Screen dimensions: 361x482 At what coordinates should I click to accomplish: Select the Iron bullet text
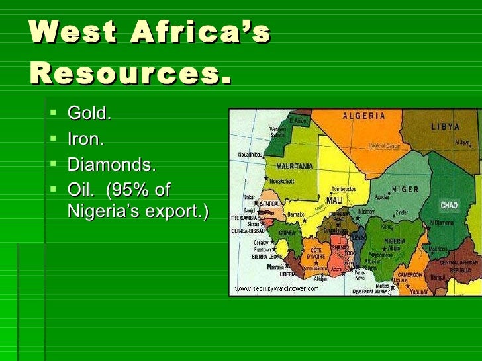[85, 140]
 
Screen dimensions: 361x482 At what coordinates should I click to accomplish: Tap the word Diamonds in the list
[111, 165]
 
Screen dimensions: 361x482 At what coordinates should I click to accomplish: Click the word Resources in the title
[130, 74]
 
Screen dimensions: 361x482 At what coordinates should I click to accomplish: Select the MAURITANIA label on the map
[295, 165]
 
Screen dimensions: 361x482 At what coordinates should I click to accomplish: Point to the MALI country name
[334, 200]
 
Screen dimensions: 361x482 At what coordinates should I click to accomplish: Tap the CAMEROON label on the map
[410, 274]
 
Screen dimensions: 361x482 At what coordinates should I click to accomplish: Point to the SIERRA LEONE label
[267, 256]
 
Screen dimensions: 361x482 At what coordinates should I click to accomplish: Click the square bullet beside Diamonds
[54, 164]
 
